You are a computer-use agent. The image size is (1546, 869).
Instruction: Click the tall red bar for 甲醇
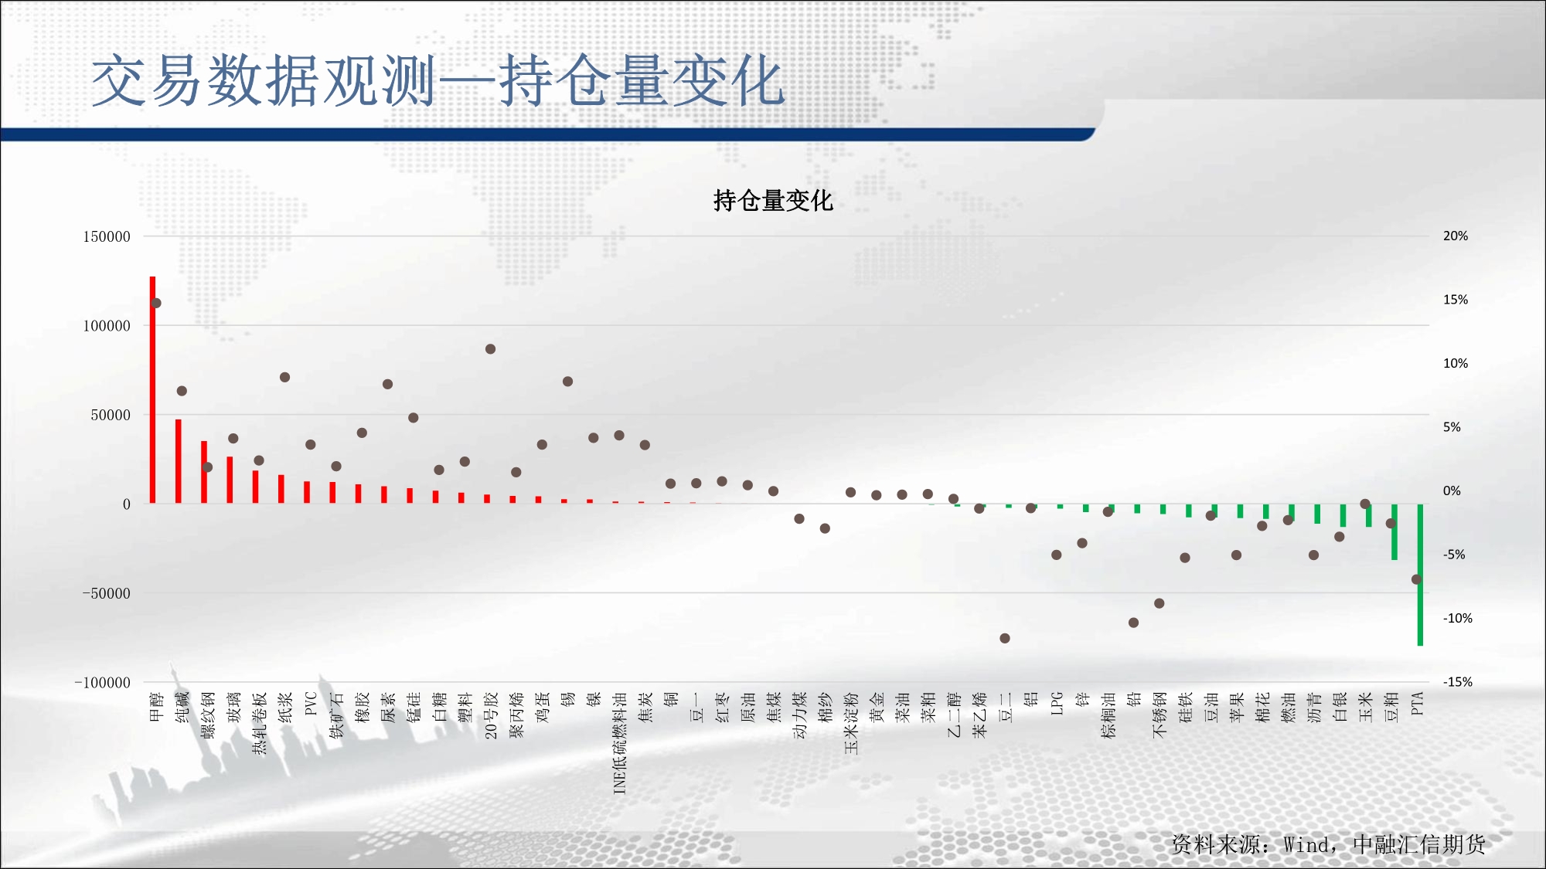click(x=152, y=390)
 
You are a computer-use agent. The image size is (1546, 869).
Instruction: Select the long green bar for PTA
click(x=1420, y=575)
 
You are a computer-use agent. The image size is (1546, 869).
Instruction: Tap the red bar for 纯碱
click(x=179, y=461)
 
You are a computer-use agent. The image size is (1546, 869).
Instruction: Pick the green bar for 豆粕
click(x=1394, y=532)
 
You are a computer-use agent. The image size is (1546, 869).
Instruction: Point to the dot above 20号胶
click(x=490, y=349)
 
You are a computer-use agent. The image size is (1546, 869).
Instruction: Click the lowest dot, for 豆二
click(x=1005, y=638)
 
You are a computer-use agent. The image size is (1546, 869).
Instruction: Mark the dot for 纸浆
click(x=284, y=377)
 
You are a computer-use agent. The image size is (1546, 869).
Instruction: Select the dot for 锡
click(x=567, y=382)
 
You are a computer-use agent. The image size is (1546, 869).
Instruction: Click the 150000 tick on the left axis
click(x=107, y=236)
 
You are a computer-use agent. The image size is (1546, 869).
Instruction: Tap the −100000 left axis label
click(x=103, y=683)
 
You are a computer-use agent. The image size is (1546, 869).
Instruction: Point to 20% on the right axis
click(x=1456, y=236)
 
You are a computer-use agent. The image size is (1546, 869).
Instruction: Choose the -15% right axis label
click(x=1457, y=682)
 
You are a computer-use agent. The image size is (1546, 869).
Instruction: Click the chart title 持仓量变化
click(x=773, y=201)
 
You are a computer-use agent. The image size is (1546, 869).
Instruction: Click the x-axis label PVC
click(x=311, y=704)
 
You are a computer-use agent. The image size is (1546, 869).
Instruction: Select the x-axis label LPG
click(x=1057, y=704)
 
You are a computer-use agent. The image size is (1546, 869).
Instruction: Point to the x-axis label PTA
click(x=1417, y=704)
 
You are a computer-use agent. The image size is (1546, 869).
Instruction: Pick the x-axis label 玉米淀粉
click(x=851, y=723)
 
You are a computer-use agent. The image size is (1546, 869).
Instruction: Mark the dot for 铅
click(x=1133, y=623)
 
